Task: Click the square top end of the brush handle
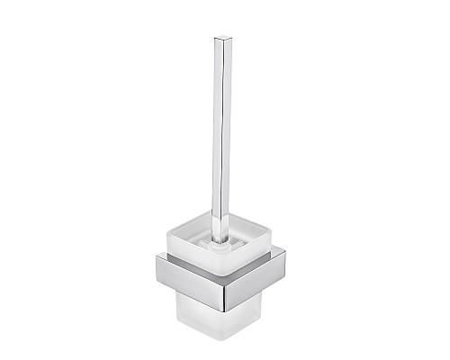tap(220, 40)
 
